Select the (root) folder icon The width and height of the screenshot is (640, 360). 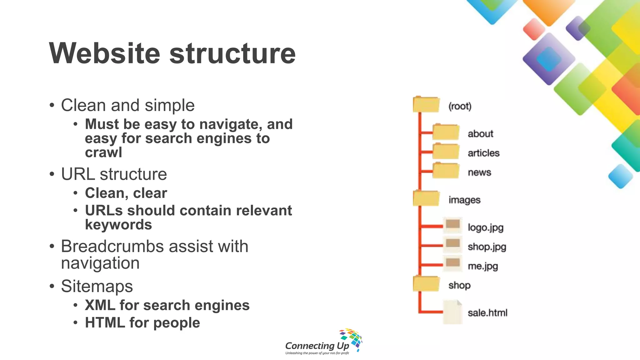pos(426,105)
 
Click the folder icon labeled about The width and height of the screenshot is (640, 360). pos(446,132)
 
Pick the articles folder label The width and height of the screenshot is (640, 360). pos(483,153)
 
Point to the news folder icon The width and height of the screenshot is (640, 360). pos(446,171)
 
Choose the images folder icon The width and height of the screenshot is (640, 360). pos(426,198)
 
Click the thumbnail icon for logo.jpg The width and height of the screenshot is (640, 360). pos(452,225)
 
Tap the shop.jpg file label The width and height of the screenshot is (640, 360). pos(487,247)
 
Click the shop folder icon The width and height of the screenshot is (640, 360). pos(426,284)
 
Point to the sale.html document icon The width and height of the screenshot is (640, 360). pos(452,312)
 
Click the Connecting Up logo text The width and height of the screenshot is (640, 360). pos(317,346)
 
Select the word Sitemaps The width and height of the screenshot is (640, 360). pos(97,286)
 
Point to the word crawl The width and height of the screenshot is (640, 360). pos(103,152)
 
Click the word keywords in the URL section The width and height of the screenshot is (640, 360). pos(118,225)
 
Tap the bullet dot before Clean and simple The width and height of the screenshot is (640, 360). pos(52,105)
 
